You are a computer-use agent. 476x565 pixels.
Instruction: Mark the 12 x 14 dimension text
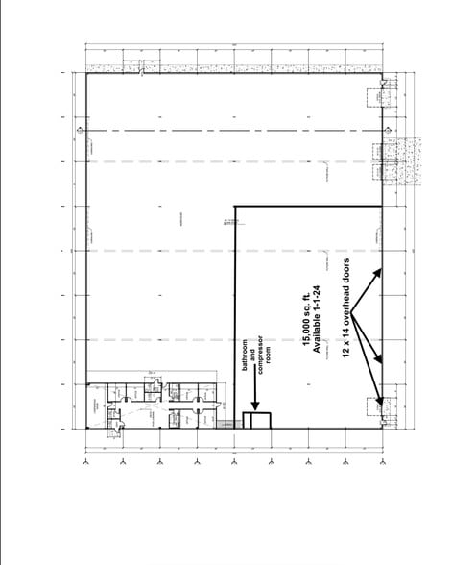pyautogui.click(x=346, y=349)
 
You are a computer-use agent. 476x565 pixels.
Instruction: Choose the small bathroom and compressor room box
pyautogui.click(x=257, y=420)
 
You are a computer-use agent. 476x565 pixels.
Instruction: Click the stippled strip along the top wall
pyautogui.click(x=230, y=69)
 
